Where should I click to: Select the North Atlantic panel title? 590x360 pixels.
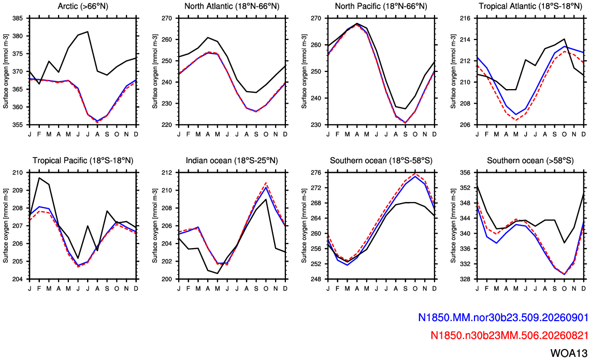232,6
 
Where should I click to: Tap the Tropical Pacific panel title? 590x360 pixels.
83,161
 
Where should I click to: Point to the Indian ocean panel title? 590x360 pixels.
232,161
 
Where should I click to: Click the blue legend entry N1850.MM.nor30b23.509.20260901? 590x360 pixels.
503,318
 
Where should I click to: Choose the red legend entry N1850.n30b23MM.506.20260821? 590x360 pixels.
510,335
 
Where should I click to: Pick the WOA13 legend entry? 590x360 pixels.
569,353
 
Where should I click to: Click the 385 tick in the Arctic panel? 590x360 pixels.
18,19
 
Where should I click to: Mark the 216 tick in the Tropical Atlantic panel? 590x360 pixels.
466,19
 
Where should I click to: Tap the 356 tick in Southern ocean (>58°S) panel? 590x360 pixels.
466,173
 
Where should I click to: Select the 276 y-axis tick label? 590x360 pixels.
317,173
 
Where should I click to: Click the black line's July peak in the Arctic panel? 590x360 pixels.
88,32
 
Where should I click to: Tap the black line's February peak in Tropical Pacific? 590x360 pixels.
39,178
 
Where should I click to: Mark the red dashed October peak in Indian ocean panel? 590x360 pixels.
266,183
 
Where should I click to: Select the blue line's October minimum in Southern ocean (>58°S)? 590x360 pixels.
564,274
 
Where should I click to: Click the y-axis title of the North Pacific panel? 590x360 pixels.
304,71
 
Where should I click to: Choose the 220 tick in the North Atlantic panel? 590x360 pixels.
167,125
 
